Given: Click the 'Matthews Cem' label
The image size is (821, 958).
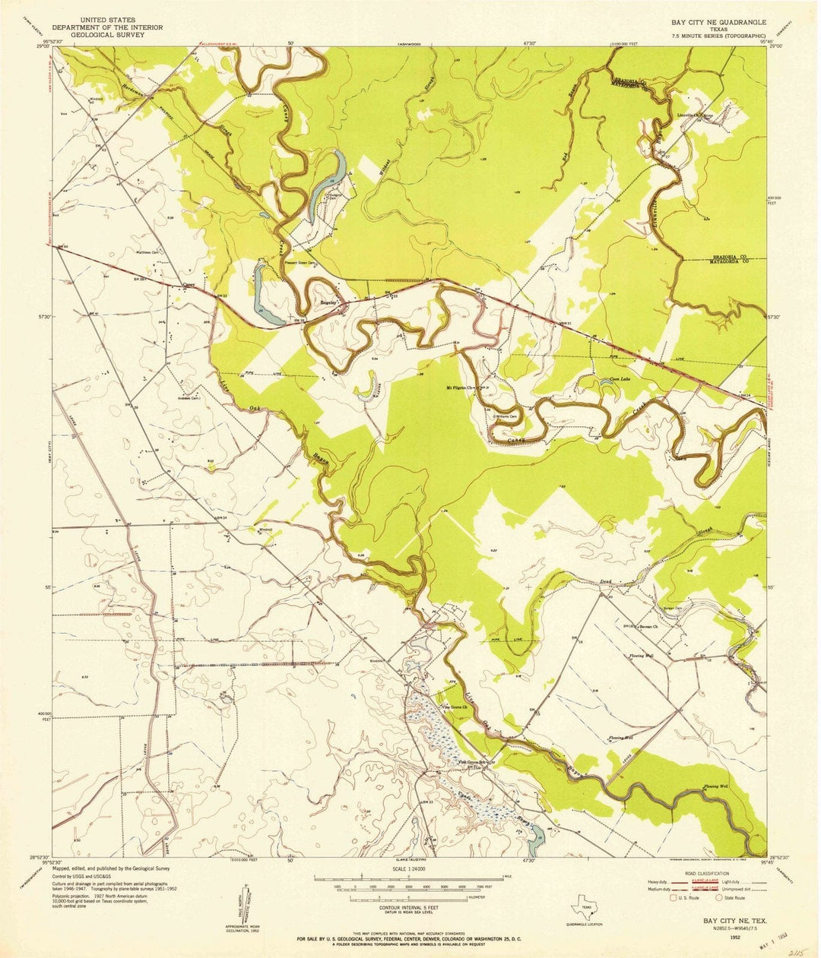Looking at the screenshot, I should coord(143,253).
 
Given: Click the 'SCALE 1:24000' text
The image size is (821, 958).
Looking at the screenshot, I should coord(408,868).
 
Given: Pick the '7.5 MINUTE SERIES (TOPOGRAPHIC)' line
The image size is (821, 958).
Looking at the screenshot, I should coord(718,36).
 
